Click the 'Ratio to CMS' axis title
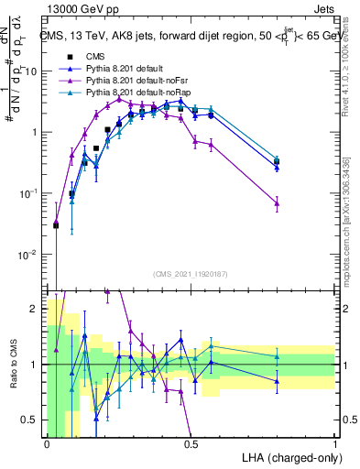click(x=18, y=365)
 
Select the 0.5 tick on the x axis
click(x=191, y=444)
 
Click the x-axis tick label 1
click(x=335, y=444)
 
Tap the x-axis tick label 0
click(x=48, y=444)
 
